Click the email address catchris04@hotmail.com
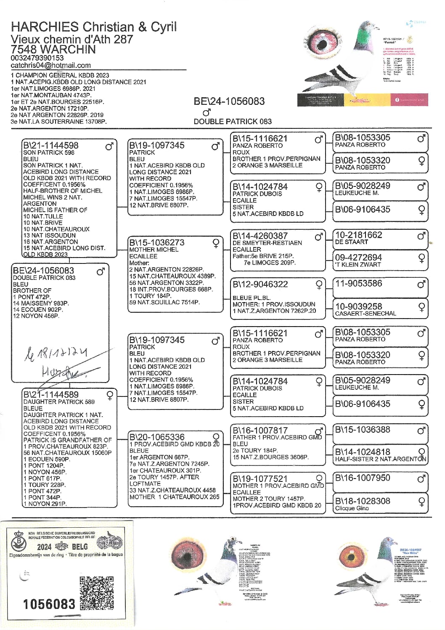50,65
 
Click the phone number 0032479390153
37,58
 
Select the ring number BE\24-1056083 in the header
229,101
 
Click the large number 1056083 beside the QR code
49,604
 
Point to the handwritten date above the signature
56,353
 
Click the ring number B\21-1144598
50,146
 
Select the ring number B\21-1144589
50,395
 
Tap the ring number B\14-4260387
260,236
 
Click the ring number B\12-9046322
260,284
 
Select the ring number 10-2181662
358,235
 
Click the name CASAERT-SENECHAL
365,314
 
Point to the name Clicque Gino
352,508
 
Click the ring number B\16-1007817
260,431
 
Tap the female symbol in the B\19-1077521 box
319,478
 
